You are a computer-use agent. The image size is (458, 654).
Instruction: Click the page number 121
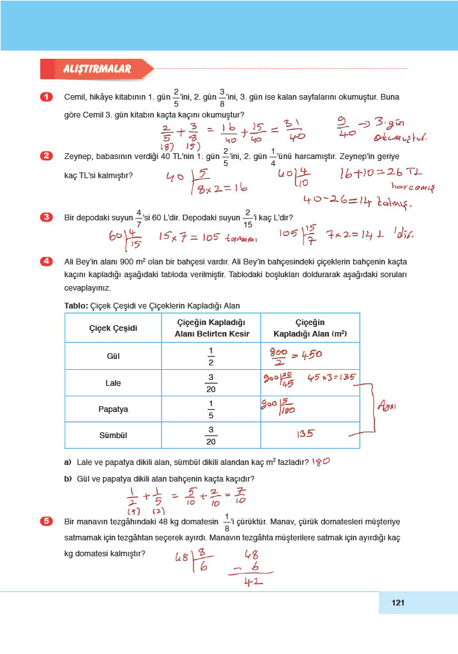[x=399, y=602]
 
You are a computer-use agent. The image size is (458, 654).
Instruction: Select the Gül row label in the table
[x=114, y=356]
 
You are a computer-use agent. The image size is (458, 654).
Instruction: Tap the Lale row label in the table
[x=113, y=383]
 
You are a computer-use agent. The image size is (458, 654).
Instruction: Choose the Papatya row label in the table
[x=113, y=409]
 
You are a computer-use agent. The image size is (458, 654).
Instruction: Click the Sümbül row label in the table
[x=113, y=435]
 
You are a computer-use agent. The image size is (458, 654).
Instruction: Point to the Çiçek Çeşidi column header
[x=113, y=328]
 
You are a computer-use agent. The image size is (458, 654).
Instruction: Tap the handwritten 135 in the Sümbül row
[x=305, y=434]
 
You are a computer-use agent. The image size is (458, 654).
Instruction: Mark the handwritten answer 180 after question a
[x=323, y=461]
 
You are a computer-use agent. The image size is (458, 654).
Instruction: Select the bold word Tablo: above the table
[x=77, y=306]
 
